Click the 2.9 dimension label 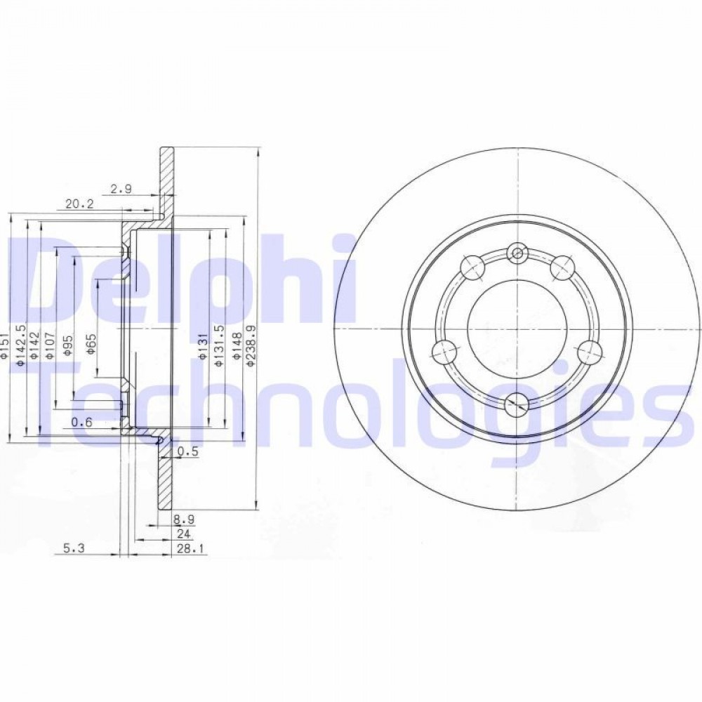click(121, 189)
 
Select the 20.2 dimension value click(79, 204)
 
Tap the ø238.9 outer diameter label click(251, 347)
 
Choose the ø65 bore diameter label click(91, 344)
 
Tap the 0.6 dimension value click(81, 421)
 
